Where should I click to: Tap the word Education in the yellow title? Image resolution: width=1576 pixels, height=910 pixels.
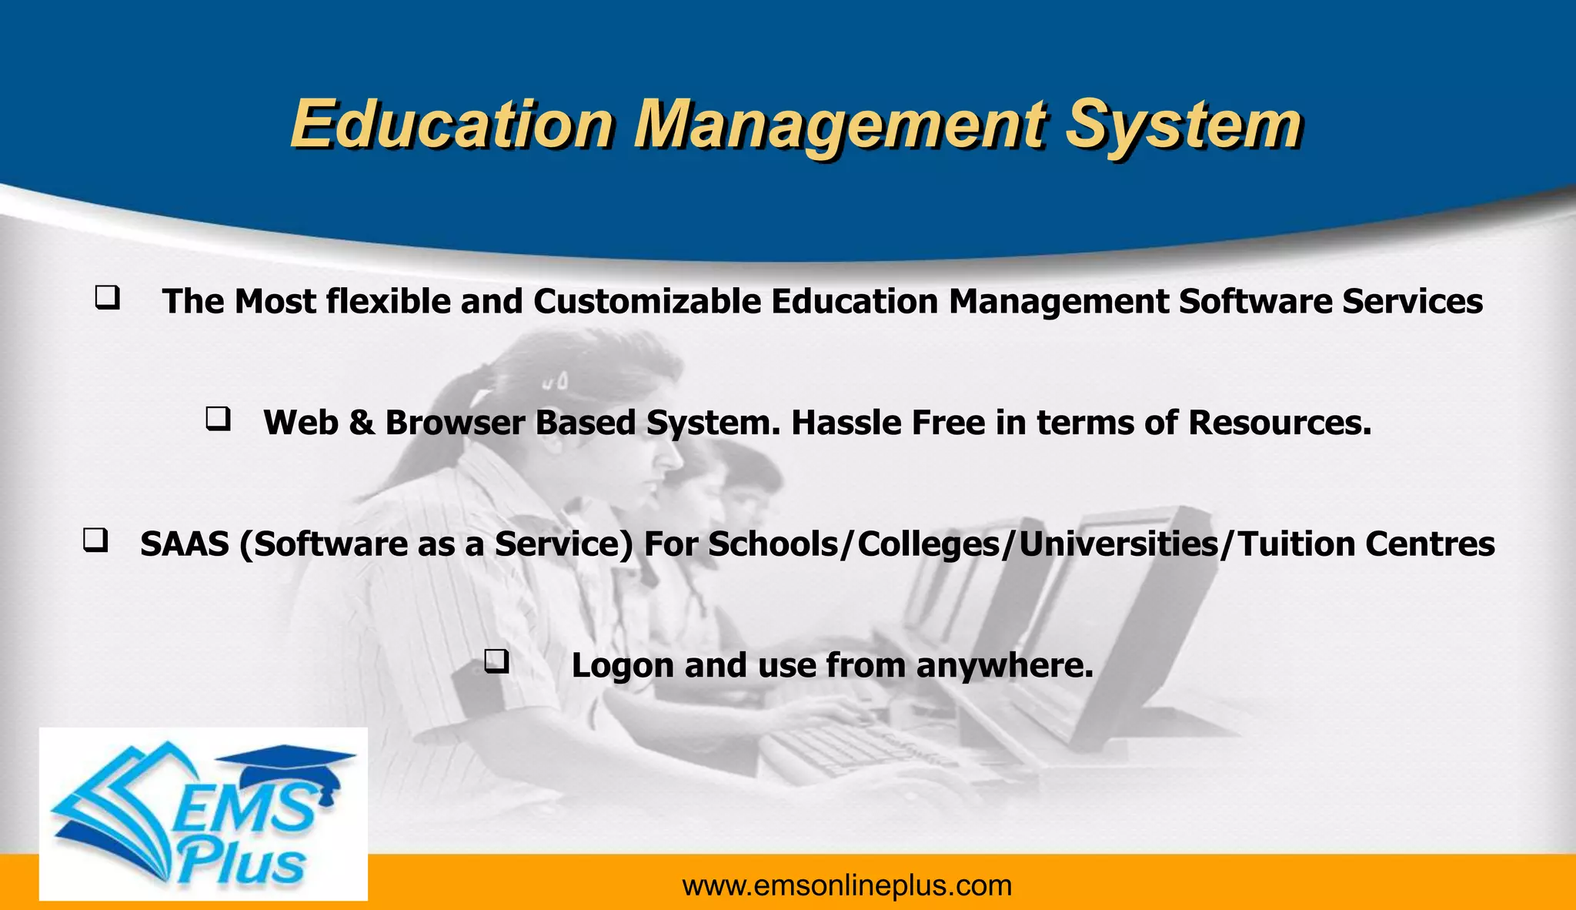(452, 124)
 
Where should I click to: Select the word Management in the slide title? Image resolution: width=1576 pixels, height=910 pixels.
(840, 125)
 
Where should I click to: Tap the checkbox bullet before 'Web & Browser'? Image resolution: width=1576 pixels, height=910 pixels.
(218, 419)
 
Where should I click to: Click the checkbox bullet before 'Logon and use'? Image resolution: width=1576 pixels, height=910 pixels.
(496, 661)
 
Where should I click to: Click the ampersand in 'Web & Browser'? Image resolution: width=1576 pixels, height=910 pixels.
(361, 423)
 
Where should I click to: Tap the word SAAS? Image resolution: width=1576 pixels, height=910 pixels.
(185, 544)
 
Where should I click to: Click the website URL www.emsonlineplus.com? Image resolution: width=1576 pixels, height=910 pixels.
(846, 886)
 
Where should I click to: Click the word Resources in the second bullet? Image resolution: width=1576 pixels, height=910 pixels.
(1280, 423)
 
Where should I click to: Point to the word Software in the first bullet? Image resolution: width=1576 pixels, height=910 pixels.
(1255, 301)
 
